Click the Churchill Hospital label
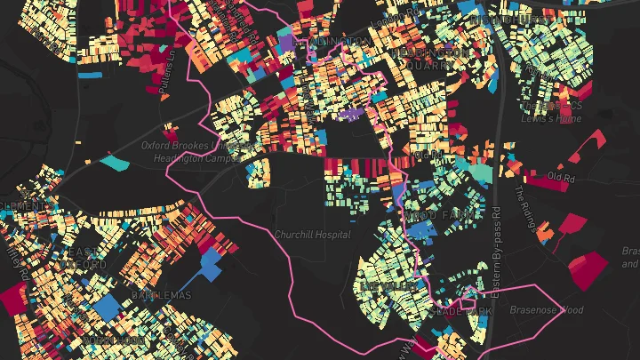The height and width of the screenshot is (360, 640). [312, 235]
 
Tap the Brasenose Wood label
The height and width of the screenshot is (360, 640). [547, 310]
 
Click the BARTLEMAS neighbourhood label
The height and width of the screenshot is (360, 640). [161, 295]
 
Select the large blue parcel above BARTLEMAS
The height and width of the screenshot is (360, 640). [212, 263]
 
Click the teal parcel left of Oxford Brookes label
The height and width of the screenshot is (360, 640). [115, 163]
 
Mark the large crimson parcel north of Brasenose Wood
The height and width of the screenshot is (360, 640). [588, 269]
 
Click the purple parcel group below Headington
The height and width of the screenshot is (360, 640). [349, 114]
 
